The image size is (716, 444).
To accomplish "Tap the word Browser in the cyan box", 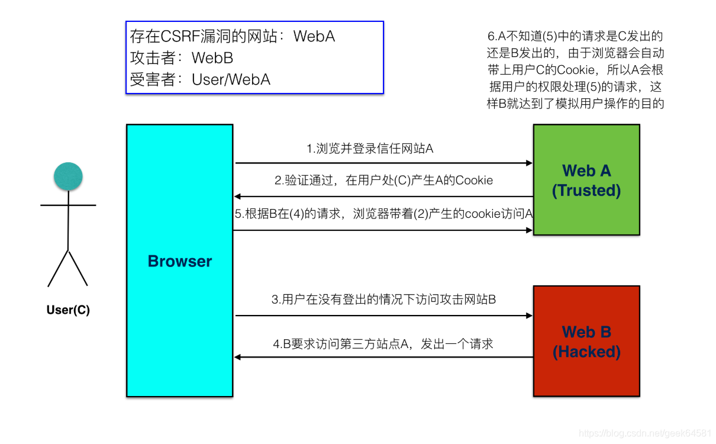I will click(x=179, y=261).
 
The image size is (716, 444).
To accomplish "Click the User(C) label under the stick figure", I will click(x=68, y=310).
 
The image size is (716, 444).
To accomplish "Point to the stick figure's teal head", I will click(x=68, y=176).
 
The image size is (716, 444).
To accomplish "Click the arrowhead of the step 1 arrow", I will click(x=530, y=163).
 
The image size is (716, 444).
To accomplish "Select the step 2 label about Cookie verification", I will click(x=383, y=181).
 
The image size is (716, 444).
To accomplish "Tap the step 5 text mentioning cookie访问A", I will click(x=383, y=214).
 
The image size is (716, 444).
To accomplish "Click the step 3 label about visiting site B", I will click(x=383, y=300).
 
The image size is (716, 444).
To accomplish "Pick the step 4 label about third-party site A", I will click(x=383, y=343).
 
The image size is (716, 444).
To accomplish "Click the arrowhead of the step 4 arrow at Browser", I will click(x=238, y=357).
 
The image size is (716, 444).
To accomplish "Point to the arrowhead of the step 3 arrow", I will click(x=530, y=316).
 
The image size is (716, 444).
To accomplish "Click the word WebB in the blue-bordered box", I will click(x=212, y=58).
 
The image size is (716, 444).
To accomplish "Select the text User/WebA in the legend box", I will click(x=231, y=79).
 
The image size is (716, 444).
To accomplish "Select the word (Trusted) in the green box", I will click(x=586, y=191).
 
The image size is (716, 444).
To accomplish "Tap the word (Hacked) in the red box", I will click(x=586, y=352).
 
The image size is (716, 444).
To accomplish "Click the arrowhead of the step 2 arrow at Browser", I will click(x=238, y=197).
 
